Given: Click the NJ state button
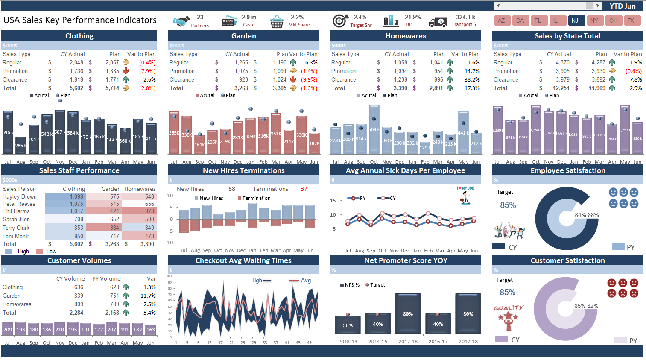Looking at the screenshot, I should point(575,20).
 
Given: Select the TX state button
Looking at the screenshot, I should point(631,20).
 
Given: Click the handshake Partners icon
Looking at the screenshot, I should point(181,21).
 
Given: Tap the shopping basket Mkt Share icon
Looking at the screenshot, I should point(277,21).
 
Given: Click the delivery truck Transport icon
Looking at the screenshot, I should point(438,22).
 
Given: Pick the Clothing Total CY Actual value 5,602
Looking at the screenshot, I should point(76,88).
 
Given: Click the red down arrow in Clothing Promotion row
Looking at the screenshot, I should point(126,71).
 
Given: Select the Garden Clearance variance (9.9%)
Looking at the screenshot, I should point(309,79).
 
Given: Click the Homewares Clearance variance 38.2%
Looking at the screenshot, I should point(472,79).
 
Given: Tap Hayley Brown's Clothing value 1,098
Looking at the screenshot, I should point(76,196).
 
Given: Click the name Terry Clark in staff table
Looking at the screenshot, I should point(16,228).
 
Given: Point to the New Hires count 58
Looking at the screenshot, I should point(232,189).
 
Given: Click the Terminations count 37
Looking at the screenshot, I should point(304,189).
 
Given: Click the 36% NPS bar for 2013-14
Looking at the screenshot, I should point(348,325).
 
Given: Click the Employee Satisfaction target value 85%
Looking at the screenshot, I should point(508,205).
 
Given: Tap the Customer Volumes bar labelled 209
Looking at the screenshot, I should point(8,329).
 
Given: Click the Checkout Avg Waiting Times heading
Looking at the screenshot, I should point(243,260).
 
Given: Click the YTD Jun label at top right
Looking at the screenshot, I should point(622,6).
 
